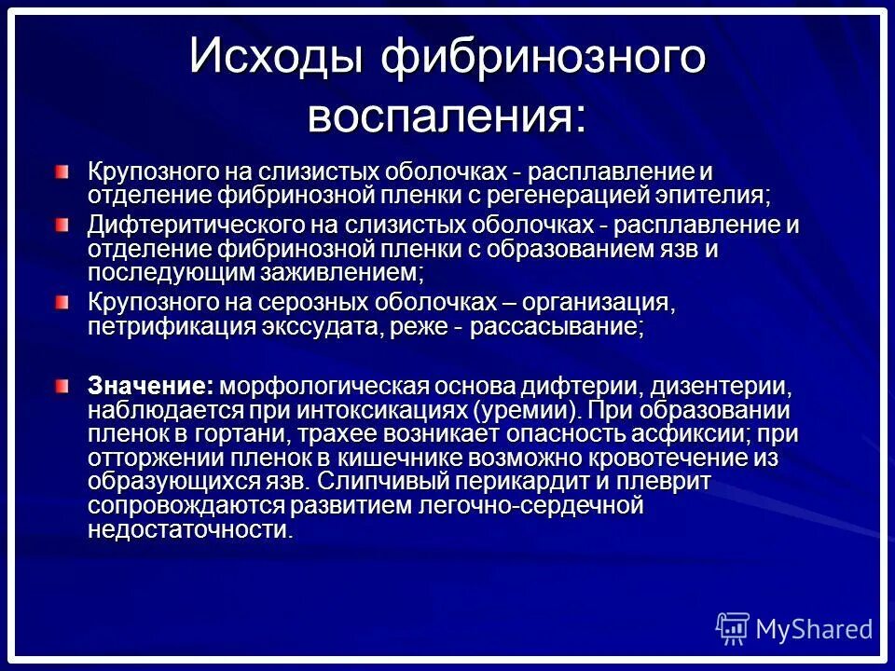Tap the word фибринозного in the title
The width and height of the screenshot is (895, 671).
click(x=544, y=57)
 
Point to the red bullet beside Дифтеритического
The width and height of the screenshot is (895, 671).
click(x=61, y=224)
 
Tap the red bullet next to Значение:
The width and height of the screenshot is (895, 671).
click(x=61, y=385)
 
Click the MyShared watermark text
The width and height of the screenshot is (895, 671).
click(x=814, y=629)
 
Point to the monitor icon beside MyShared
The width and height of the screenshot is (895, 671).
click(x=733, y=628)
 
